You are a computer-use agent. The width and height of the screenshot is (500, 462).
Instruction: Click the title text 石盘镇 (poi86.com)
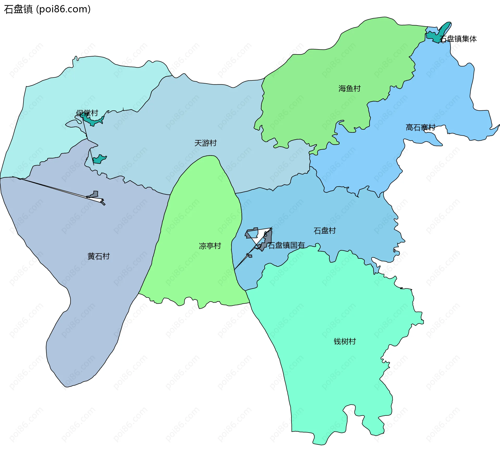(47, 9)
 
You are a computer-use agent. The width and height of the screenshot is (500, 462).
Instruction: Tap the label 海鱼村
(349, 89)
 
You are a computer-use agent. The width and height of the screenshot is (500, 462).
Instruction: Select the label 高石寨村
(420, 128)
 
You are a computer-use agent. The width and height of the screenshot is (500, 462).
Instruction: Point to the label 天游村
(205, 143)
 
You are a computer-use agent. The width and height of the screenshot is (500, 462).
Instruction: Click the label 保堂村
(87, 113)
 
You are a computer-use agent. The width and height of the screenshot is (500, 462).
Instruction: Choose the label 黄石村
(98, 256)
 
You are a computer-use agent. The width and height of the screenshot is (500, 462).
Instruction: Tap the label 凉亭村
(210, 246)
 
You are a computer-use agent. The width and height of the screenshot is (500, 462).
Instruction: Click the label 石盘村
(324, 231)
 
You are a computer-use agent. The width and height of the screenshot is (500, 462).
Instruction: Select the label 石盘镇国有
(286, 245)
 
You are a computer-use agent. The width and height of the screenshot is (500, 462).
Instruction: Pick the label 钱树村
(345, 341)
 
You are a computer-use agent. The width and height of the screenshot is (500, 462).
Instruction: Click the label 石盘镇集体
(458, 39)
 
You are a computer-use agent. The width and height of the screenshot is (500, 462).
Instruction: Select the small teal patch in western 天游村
(99, 159)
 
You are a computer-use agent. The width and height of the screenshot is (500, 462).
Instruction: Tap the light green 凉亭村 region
(198, 273)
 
